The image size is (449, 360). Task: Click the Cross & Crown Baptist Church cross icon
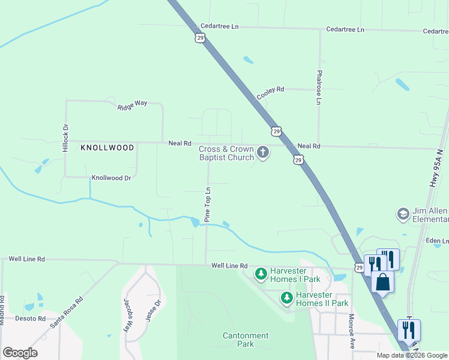(262, 153)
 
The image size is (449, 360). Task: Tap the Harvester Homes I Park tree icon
(261, 275)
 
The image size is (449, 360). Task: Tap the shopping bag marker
(382, 283)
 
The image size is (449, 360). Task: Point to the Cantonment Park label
(246, 340)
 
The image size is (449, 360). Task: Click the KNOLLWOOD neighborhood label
(107, 147)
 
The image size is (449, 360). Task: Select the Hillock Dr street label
(66, 138)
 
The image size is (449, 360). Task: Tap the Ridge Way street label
(133, 105)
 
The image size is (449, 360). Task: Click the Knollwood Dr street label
(111, 178)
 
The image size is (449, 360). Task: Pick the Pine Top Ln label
(208, 205)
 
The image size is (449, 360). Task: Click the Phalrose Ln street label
(319, 89)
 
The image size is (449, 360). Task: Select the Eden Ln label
(436, 241)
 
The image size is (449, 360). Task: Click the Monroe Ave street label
(352, 332)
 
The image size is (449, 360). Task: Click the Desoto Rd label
(30, 318)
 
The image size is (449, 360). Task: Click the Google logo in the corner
(20, 352)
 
